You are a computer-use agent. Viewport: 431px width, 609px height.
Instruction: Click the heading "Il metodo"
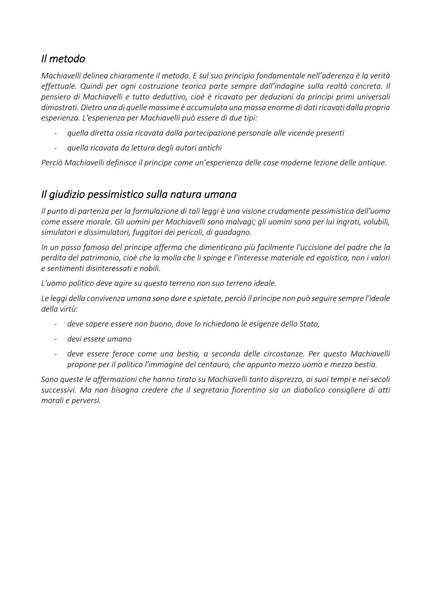click(63, 59)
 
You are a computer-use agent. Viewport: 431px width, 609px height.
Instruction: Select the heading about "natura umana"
click(138, 195)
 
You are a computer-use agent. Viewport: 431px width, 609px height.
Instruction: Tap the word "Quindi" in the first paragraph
click(92, 86)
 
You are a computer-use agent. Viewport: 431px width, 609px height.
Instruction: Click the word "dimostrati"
click(59, 108)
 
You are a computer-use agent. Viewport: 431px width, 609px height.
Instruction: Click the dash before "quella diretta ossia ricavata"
click(56, 133)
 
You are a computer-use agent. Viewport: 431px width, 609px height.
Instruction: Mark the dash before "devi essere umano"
click(56, 339)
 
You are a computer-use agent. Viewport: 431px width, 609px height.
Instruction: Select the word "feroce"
click(123, 354)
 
